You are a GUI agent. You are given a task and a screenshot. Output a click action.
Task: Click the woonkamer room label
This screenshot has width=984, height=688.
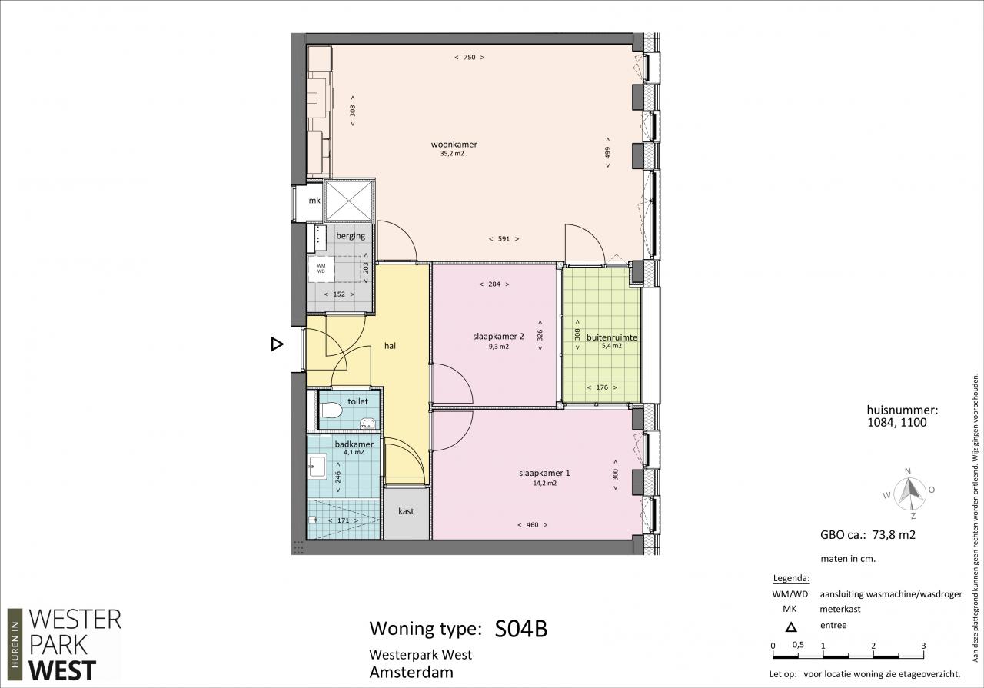454,144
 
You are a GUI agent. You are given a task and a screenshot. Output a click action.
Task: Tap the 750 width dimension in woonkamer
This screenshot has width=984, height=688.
469,57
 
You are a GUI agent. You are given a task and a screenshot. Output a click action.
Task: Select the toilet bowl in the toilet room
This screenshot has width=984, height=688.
331,411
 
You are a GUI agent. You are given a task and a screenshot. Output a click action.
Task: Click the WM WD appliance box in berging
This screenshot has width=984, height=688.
321,268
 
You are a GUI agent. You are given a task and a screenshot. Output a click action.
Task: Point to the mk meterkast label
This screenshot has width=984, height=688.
314,201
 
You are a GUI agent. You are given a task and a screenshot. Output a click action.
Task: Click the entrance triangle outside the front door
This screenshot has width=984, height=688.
277,344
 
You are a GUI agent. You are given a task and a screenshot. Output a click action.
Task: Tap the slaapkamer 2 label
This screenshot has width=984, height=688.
498,337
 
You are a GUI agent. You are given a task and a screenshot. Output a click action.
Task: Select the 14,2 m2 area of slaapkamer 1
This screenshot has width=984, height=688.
545,484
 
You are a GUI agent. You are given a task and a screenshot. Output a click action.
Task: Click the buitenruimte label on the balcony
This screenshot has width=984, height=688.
611,337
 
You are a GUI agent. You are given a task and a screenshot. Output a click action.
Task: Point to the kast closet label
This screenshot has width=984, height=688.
406,511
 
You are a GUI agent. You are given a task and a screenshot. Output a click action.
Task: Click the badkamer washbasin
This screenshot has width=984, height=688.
317,466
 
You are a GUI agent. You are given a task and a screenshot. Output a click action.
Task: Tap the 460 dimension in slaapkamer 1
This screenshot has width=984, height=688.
532,524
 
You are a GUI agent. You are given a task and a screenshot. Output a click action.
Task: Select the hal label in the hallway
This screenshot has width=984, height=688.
390,346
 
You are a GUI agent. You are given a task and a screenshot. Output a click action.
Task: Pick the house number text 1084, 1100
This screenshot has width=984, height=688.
897,423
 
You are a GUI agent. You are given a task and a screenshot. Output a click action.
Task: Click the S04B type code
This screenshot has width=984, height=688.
521,629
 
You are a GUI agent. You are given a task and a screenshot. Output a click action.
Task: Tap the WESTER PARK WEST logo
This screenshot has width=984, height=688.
65,645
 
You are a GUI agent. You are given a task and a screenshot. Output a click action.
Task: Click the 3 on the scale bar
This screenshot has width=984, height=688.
924,646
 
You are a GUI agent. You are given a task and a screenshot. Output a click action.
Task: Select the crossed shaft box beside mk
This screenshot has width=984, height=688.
349,201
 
